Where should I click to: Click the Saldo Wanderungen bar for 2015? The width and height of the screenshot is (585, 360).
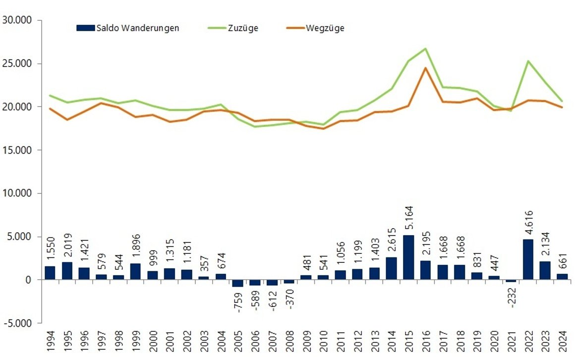409,257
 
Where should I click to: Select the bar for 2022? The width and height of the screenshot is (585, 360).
528,260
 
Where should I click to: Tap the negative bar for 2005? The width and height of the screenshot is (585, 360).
238,283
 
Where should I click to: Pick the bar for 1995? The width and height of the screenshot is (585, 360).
67,271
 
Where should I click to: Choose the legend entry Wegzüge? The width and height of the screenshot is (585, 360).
325,28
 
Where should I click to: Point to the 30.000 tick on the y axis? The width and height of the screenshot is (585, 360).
17,20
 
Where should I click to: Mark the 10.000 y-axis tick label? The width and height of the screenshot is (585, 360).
17,193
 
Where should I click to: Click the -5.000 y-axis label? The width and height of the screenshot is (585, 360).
17,323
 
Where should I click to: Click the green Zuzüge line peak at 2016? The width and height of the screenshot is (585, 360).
425,49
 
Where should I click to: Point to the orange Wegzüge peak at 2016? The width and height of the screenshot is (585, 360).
425,68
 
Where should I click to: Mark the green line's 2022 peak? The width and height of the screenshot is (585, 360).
528,61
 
